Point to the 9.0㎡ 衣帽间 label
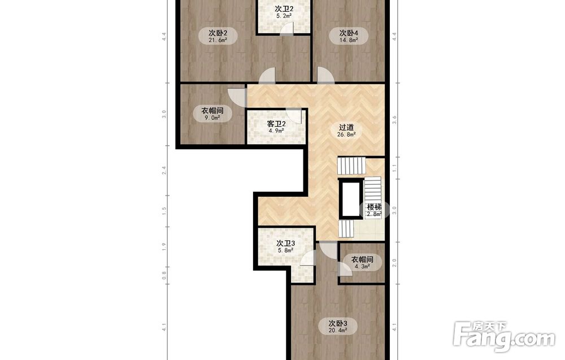(212, 114)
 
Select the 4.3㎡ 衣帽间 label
(362, 263)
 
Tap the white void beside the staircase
(351, 198)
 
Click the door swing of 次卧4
(325, 75)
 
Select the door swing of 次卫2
(287, 28)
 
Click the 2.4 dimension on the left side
(164, 171)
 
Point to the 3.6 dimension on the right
(394, 120)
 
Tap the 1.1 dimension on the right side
(394, 168)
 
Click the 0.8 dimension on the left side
(164, 275)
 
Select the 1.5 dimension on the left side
(164, 211)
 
